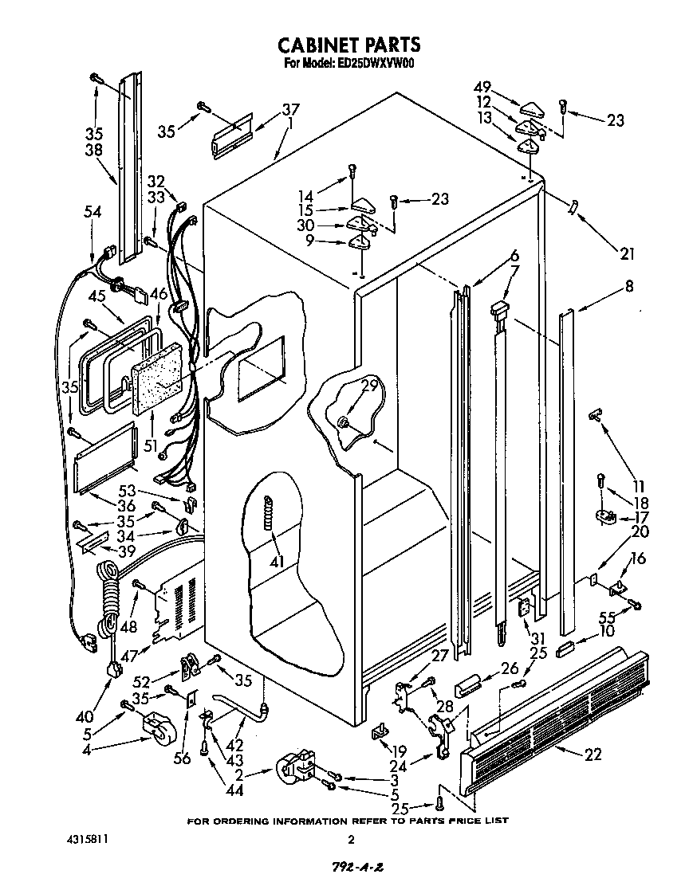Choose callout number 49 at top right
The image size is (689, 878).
click(x=482, y=88)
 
